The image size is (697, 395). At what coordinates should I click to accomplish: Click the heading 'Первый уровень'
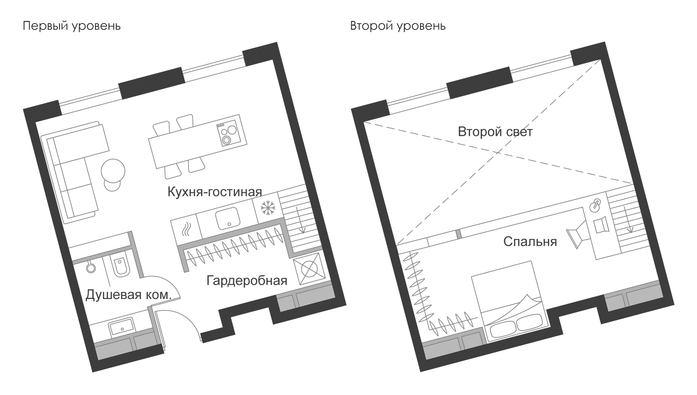point(71,26)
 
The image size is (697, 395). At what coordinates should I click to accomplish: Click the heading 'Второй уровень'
point(398,26)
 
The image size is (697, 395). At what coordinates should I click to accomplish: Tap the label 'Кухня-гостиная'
point(215,192)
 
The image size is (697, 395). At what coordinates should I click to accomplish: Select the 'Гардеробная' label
point(247,281)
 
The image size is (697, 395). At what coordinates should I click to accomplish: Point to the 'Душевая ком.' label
point(128,295)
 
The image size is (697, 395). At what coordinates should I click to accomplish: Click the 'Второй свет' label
point(495,132)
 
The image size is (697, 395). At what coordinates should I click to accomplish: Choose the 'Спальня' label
point(530,242)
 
